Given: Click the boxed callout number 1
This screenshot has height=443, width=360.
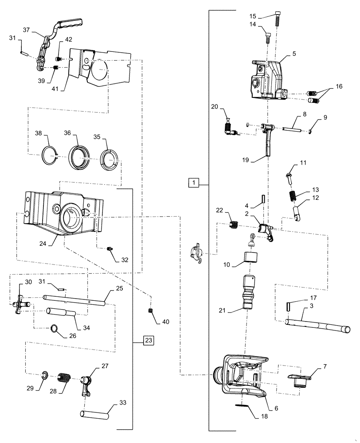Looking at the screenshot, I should point(194,182).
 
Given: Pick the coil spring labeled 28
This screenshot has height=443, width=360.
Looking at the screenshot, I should point(65,380).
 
